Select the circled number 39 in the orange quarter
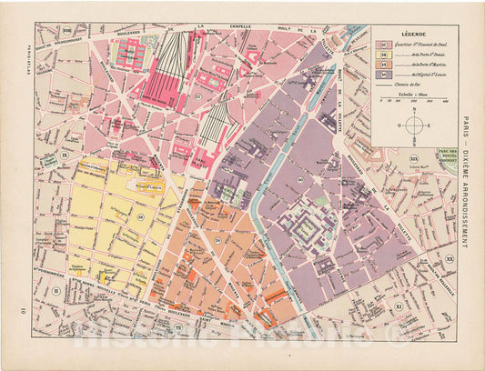pyautogui.click(x=217, y=239)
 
